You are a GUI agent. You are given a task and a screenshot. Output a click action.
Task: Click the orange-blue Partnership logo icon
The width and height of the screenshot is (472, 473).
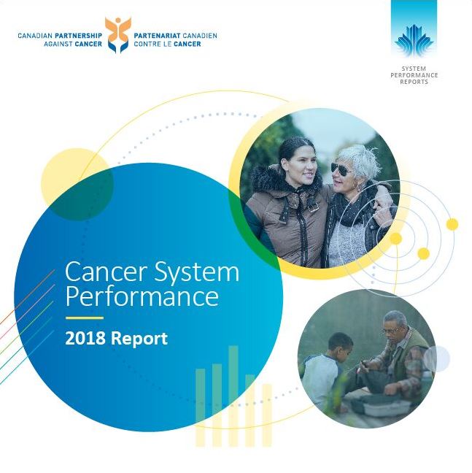117,34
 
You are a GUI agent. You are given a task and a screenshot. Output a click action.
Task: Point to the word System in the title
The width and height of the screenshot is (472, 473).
198,273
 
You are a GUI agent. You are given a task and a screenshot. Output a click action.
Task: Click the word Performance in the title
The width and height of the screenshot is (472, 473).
142,296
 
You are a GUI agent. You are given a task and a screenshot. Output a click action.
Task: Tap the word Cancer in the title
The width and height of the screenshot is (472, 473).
98,272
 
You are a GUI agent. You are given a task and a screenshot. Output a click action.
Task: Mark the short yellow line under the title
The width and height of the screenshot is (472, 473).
84,318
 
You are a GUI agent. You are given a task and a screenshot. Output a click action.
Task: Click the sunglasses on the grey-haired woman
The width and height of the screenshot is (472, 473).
342,169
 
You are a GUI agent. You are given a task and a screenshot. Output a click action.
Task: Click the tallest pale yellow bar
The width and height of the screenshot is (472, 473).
233,394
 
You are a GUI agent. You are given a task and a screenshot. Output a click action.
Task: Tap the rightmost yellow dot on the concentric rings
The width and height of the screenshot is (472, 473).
452,224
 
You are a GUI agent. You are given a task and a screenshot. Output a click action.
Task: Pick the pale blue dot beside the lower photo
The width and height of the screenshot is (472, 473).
437,358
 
